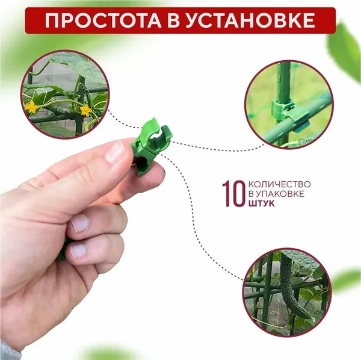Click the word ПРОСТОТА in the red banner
(x=103, y=20)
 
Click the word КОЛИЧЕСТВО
(x=280, y=184)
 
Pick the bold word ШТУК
(x=262, y=203)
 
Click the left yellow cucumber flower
(x=31, y=107)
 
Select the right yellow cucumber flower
(x=86, y=110)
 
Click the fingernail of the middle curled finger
(x=80, y=223)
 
